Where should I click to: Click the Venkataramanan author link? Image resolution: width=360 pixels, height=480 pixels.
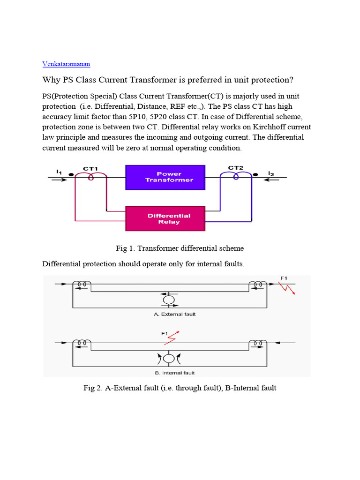[x=66, y=63]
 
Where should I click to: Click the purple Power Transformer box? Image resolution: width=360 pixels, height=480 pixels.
[x=165, y=177]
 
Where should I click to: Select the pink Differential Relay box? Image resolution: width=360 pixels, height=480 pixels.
[x=165, y=218]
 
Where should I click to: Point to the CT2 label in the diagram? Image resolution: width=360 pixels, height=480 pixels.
[x=235, y=168]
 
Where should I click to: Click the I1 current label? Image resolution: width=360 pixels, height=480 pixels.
[x=59, y=172]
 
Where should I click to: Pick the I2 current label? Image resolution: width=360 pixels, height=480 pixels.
[x=271, y=173]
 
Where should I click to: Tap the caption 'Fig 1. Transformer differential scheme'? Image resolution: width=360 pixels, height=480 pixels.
[x=180, y=248]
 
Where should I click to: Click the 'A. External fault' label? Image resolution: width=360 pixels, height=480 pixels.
[x=174, y=314]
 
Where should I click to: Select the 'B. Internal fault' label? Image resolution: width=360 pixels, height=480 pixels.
[x=174, y=373]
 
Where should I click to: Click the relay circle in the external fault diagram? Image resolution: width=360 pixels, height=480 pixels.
[x=168, y=299]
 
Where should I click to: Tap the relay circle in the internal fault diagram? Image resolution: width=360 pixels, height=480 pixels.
[x=168, y=359]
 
